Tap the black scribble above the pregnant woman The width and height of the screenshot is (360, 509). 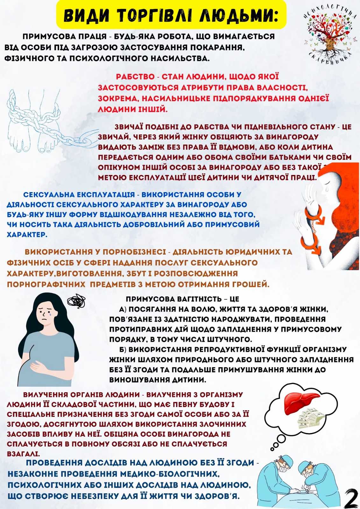coord(77,301)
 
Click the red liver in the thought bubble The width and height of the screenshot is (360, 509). coord(301,402)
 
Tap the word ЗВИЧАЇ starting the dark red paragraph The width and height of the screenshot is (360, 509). coord(129,127)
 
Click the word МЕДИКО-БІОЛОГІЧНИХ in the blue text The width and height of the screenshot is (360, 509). coord(170,474)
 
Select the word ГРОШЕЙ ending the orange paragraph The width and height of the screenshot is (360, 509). coord(252,284)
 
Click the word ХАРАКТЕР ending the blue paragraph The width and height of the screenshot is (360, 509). coord(27,235)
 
